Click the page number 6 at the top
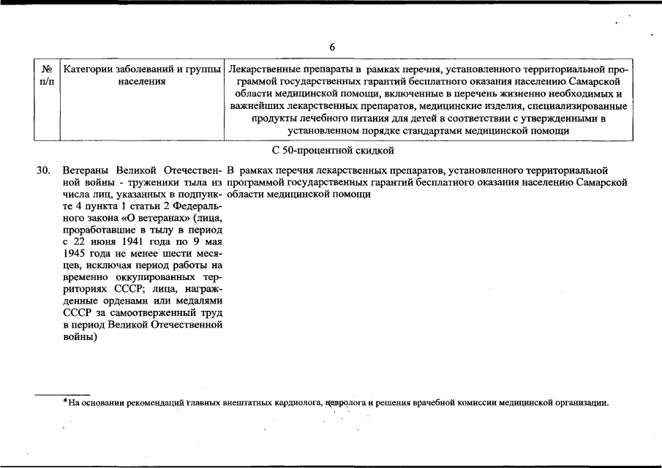tap(331, 48)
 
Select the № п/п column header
tap(45, 75)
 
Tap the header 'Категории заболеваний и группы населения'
tap(142, 75)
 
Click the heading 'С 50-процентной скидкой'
tap(332, 151)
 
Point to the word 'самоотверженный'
tap(139, 312)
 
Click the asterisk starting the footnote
tap(64, 401)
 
